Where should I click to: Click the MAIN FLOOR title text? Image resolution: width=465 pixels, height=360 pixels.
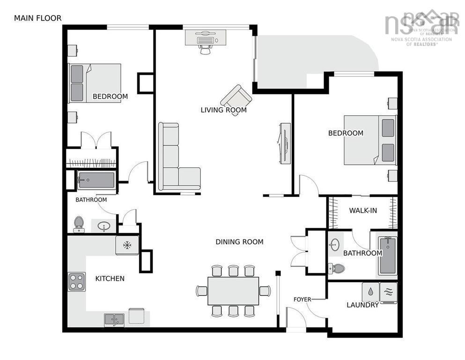(37, 18)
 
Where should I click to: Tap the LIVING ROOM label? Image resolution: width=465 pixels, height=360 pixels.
(223, 110)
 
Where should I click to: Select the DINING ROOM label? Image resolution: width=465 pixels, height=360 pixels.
(239, 242)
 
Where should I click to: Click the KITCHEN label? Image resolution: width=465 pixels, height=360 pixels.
(110, 278)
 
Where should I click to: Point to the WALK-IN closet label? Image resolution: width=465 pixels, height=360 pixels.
(363, 210)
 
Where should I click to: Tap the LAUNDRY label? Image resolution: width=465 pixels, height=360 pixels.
(362, 305)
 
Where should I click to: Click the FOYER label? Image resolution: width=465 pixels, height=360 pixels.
(303, 299)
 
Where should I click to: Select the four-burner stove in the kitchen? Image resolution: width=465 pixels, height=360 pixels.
(76, 282)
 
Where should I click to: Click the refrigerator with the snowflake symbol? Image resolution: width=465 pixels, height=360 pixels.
(127, 245)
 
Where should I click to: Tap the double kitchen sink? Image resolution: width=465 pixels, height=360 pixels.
(114, 320)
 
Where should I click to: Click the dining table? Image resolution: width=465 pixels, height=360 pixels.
(233, 291)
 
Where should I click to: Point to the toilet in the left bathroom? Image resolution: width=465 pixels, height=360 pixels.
(79, 223)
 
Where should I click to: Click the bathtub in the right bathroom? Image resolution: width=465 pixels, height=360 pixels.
(387, 255)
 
